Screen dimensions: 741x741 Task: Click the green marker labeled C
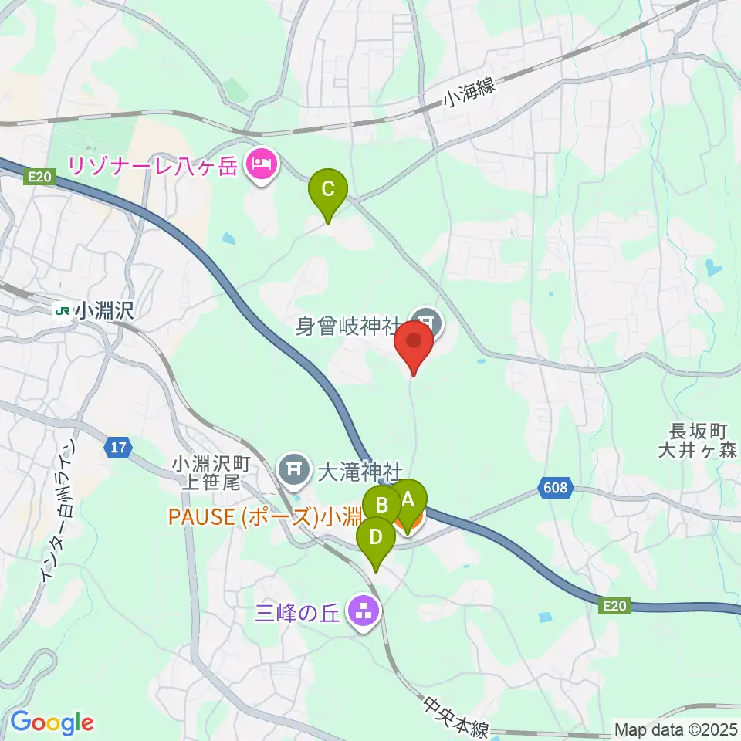(327, 188)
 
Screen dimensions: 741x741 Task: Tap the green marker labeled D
(376, 536)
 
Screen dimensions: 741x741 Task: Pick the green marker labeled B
(381, 506)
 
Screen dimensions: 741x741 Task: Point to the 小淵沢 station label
(106, 311)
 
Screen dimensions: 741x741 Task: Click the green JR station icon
(63, 311)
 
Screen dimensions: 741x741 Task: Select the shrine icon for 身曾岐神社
(425, 320)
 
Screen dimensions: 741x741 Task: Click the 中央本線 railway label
(456, 717)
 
